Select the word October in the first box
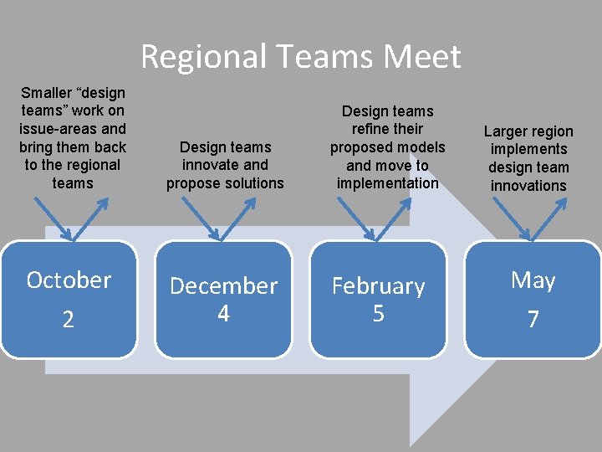(69, 280)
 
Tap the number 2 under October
(69, 320)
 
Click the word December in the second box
(223, 285)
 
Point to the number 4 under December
(223, 313)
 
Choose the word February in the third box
(378, 286)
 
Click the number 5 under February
(378, 313)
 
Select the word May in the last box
(533, 280)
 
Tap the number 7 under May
(533, 320)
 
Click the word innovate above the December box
(211, 165)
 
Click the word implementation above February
(387, 183)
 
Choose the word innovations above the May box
(528, 186)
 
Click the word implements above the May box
(528, 149)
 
